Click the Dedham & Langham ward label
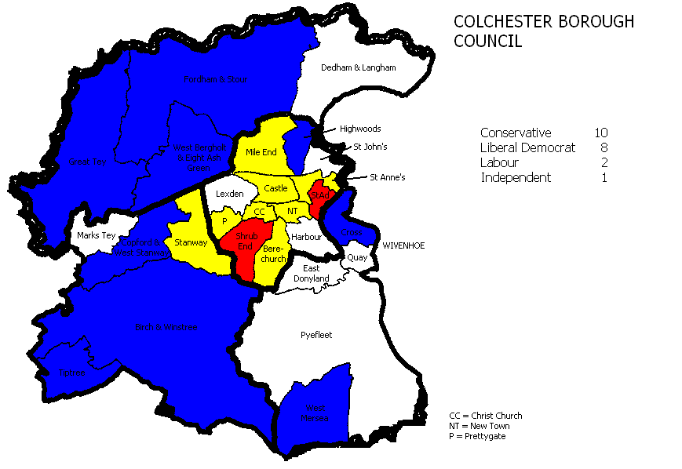coord(359,67)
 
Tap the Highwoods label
coord(360,129)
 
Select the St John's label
coord(370,147)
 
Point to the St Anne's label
coord(387,177)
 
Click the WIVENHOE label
coord(403,245)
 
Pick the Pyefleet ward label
coord(316,335)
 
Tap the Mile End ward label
coord(261,152)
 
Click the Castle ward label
coord(275,188)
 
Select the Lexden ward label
coord(231,194)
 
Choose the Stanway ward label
coord(191,242)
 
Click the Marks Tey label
coord(97,235)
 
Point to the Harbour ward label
coord(306,236)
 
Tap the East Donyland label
coord(312,273)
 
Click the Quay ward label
coord(357,256)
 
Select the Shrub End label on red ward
coord(245,242)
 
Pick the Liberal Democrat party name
coord(527,148)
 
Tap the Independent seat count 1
coord(604,178)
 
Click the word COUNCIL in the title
coord(487,42)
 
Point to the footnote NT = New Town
coord(479,426)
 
